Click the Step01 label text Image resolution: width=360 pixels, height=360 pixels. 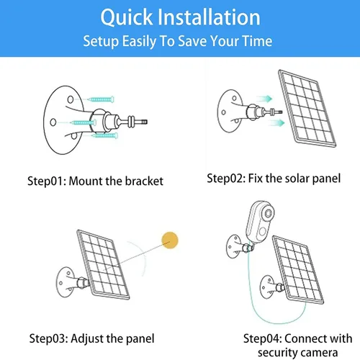pos(46,181)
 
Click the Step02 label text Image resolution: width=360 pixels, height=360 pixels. pos(225,178)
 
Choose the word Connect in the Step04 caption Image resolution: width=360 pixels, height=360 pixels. pos(302,338)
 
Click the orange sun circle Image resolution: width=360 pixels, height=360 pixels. pos(171,240)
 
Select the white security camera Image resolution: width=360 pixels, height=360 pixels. pos(261,222)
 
